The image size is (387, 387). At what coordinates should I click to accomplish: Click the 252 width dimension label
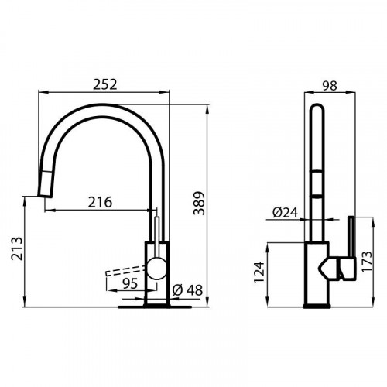pos(105,84)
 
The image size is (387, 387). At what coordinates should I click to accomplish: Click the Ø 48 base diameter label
pos(187,290)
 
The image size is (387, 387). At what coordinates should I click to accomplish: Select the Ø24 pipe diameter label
pos(286,210)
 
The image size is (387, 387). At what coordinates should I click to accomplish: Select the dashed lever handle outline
pos(124,272)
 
